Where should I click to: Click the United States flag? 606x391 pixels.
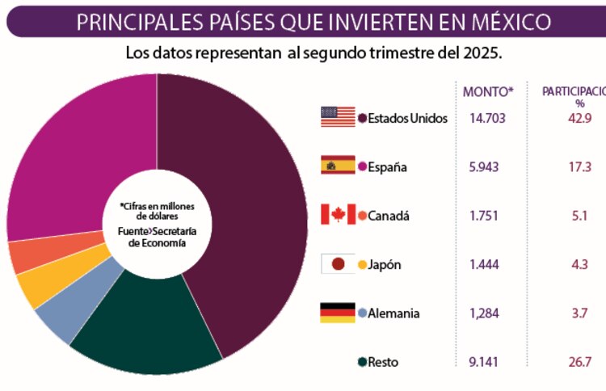(x=337, y=117)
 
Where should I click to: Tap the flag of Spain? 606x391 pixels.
(x=337, y=166)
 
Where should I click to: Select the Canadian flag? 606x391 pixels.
(x=337, y=215)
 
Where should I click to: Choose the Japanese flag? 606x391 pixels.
(x=337, y=264)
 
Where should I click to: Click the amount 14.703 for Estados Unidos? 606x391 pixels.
(x=487, y=118)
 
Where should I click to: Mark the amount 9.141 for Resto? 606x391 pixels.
(x=486, y=362)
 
